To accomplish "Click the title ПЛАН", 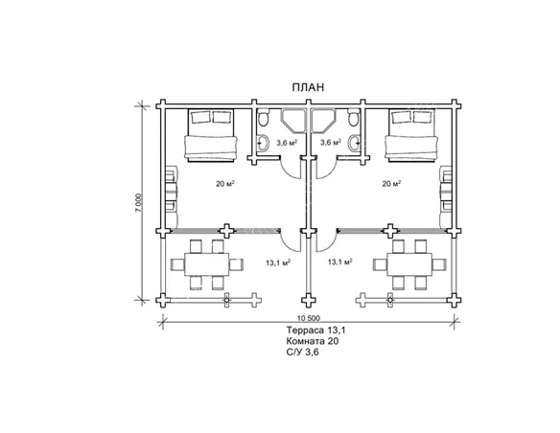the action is [x=308, y=87].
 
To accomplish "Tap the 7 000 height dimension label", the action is [x=139, y=203].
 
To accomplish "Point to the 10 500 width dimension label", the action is [x=308, y=318].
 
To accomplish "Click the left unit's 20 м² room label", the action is [x=225, y=184].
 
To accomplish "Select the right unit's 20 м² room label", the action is [x=391, y=184].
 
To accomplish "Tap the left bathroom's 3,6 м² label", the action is [x=287, y=143].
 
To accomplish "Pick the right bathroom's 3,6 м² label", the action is [x=331, y=143].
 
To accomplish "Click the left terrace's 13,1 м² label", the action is [x=278, y=262].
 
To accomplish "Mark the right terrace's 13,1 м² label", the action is [x=340, y=262].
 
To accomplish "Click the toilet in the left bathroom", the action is [x=263, y=119].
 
